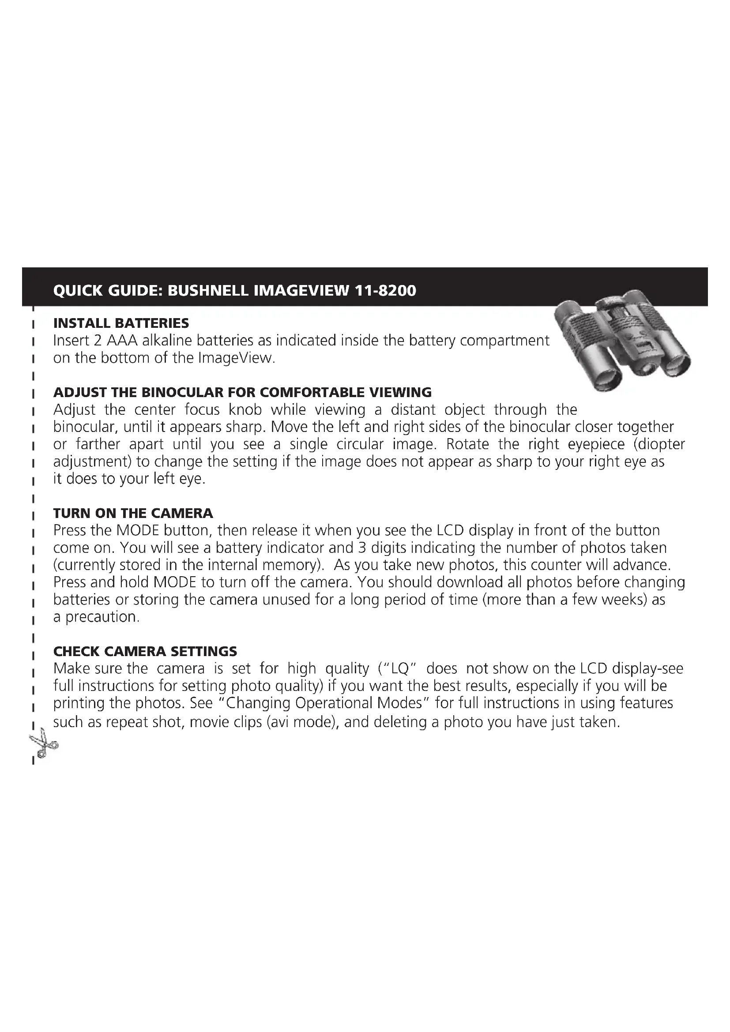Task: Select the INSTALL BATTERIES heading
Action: (x=121, y=323)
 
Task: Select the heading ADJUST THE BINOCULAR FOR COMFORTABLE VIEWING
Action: (x=242, y=392)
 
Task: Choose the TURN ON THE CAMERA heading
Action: (x=133, y=513)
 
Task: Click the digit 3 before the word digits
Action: (x=362, y=548)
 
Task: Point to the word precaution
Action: (x=102, y=617)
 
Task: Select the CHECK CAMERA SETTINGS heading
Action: (x=145, y=651)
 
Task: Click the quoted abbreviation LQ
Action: (x=399, y=669)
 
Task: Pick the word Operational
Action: (x=336, y=703)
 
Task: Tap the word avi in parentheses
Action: (x=283, y=722)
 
